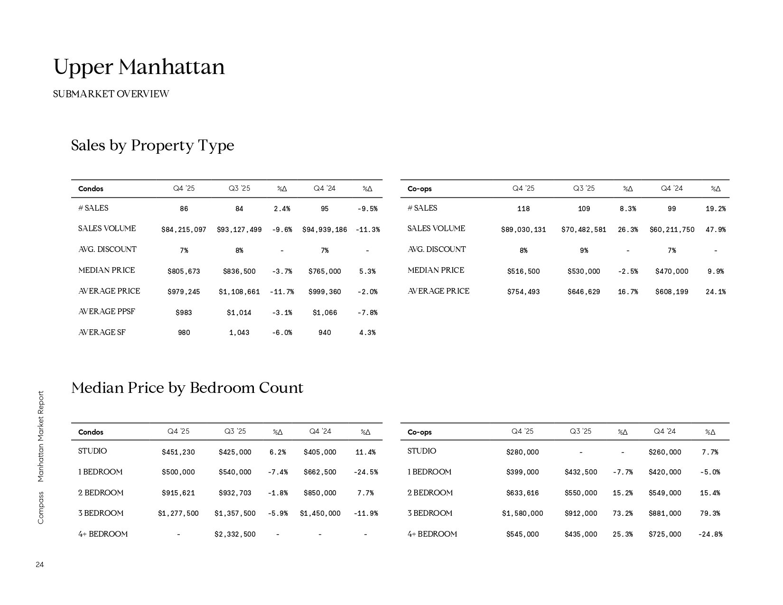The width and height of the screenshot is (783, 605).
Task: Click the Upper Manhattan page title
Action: pyautogui.click(x=139, y=67)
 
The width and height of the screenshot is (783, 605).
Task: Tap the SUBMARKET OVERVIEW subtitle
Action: pyautogui.click(x=111, y=94)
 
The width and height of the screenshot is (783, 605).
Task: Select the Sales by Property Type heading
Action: pyautogui.click(x=152, y=145)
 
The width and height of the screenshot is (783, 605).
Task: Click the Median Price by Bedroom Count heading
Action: pyautogui.click(x=187, y=388)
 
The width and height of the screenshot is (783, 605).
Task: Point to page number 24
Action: pyautogui.click(x=39, y=565)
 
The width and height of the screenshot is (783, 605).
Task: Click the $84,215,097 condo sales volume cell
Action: pyautogui.click(x=184, y=230)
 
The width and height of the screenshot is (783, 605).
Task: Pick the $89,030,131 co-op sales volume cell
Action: pyautogui.click(x=523, y=230)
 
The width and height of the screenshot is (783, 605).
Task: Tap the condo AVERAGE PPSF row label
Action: pyautogui.click(x=106, y=312)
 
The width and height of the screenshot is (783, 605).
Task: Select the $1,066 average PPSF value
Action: pyautogui.click(x=325, y=313)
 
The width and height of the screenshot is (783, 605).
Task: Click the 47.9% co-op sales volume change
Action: pyautogui.click(x=715, y=230)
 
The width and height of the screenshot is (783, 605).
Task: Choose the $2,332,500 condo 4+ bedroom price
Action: pyautogui.click(x=235, y=534)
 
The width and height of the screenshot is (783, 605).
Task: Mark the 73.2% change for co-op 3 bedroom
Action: pyautogui.click(x=623, y=513)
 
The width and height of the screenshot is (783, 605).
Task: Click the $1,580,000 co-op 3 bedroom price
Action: pyautogui.click(x=522, y=513)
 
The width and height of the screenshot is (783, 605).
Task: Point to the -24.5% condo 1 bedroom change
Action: pyautogui.click(x=365, y=472)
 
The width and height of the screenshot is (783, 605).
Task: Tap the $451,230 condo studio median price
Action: pyautogui.click(x=178, y=452)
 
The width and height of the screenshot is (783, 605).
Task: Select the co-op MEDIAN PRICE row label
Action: pyautogui.click(x=436, y=270)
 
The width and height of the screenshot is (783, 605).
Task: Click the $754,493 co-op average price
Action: pyautogui.click(x=523, y=292)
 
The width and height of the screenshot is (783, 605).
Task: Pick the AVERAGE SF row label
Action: pyautogui.click(x=102, y=333)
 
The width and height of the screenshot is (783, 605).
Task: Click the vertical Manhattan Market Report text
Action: pyautogui.click(x=41, y=436)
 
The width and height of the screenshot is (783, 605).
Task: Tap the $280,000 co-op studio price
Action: pyautogui.click(x=522, y=452)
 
